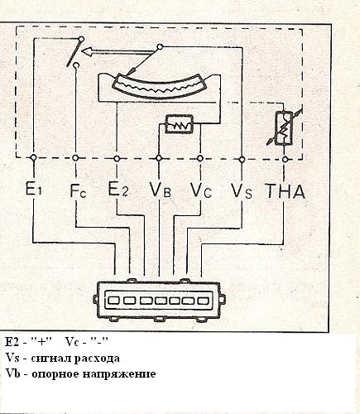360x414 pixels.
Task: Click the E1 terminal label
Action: click(33, 189)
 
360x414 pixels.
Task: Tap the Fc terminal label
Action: click(78, 190)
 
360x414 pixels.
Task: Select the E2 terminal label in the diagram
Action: click(118, 189)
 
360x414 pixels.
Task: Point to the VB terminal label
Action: click(160, 190)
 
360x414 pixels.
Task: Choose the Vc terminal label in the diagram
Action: click(201, 190)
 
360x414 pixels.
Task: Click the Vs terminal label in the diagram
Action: click(242, 191)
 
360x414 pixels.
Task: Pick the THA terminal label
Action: click(286, 191)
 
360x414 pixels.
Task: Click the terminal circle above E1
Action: click(34, 157)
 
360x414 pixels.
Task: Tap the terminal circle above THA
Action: click(286, 159)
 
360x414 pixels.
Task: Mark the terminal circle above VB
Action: click(159, 158)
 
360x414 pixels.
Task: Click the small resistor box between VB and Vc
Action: click(179, 124)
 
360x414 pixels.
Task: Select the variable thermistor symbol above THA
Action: click(284, 128)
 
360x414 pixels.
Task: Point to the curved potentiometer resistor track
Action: click(160, 85)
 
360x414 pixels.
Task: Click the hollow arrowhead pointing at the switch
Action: click(87, 51)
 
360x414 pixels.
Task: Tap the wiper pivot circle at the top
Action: click(160, 47)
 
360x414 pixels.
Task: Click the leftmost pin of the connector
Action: click(113, 300)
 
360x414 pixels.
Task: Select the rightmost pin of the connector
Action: click(203, 301)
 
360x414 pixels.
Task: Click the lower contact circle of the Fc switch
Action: click(76, 65)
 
